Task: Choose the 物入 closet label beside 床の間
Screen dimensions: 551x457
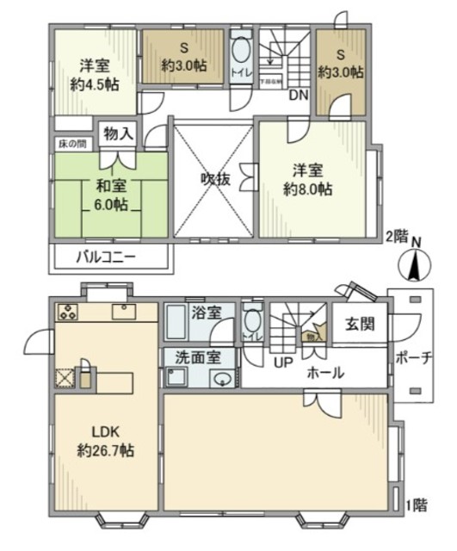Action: [x=117, y=133]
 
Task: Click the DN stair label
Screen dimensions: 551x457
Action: [x=299, y=96]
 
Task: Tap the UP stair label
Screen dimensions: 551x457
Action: [x=281, y=362]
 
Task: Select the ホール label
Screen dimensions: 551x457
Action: [x=326, y=373]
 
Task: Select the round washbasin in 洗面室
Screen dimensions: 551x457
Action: [x=223, y=379]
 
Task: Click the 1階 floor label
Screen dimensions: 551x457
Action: [x=416, y=506]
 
